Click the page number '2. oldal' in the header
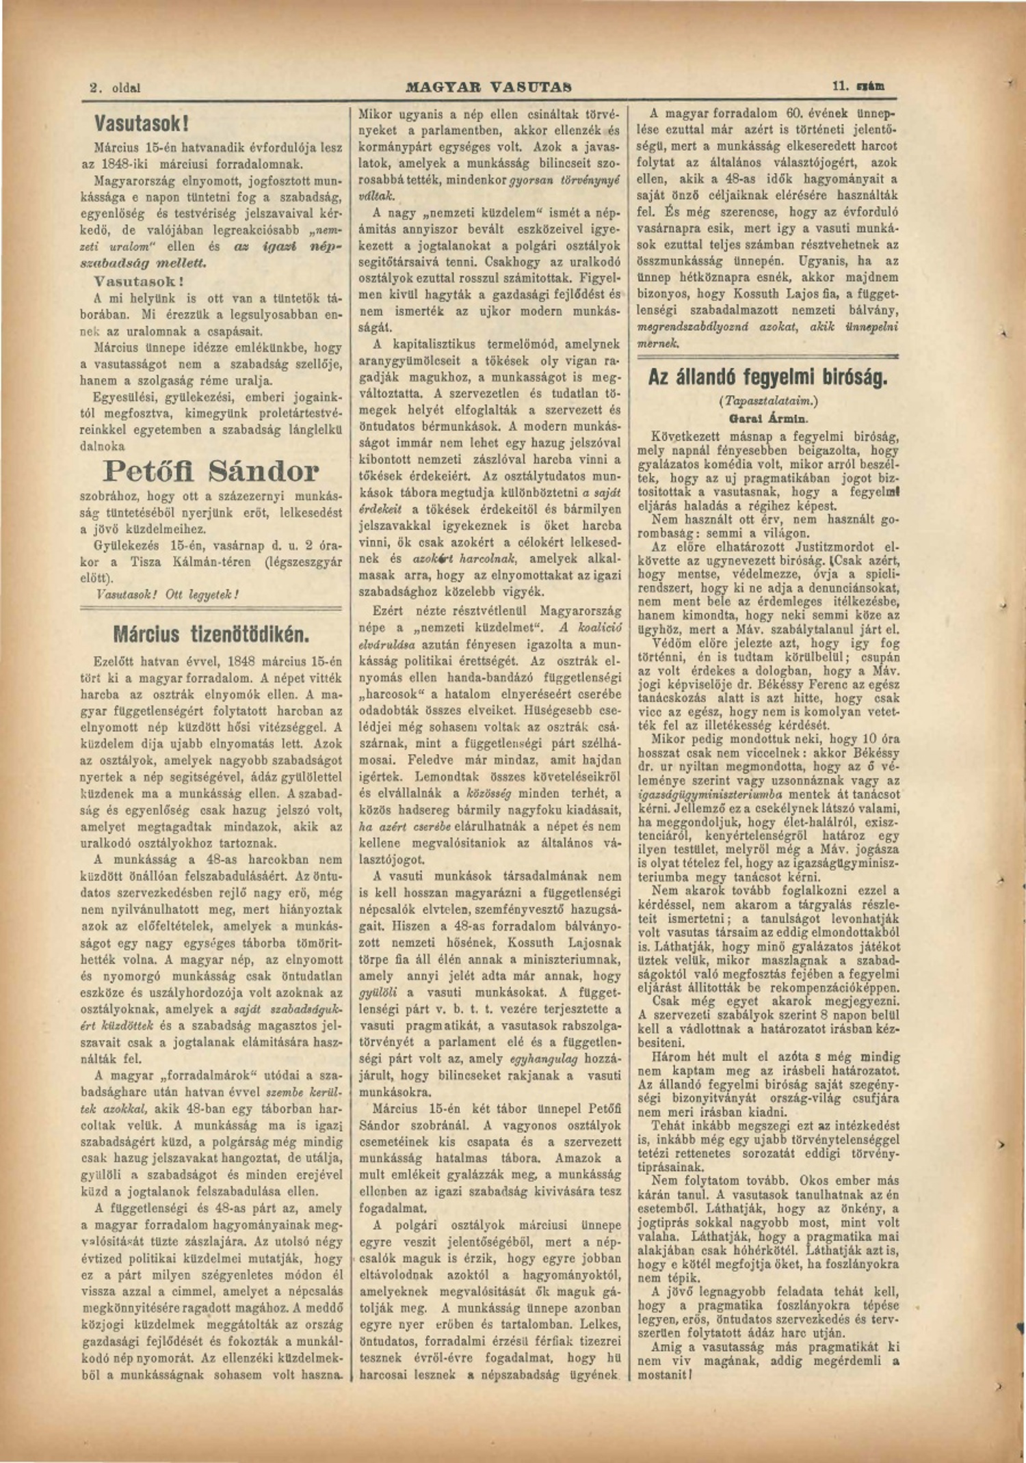click(115, 88)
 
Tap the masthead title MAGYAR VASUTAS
click(488, 88)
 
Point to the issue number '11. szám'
click(858, 87)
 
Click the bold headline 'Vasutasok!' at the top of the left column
click(141, 124)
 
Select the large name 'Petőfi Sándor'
click(211, 471)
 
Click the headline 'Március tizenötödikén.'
click(211, 634)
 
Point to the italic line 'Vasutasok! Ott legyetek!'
click(168, 594)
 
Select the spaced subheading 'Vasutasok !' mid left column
click(139, 281)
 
